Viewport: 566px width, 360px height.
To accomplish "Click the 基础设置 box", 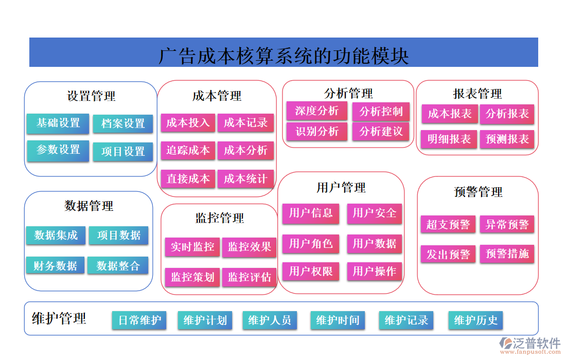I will (x=58, y=123).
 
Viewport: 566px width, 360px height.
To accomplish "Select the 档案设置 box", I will (x=123, y=124).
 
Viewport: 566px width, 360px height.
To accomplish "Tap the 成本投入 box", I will (x=188, y=123).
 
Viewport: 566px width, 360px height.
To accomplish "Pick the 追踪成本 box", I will (x=188, y=151).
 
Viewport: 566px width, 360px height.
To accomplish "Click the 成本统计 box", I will (x=245, y=179).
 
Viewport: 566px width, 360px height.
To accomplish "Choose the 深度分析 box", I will (x=316, y=111).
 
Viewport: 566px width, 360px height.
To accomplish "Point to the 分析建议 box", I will (x=381, y=132).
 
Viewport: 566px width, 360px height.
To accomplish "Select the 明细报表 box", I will (x=449, y=139).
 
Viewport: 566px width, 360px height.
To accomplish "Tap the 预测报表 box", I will (x=507, y=139).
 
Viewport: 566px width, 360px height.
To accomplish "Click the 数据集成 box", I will (x=56, y=236).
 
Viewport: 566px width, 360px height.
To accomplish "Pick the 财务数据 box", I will (x=55, y=266).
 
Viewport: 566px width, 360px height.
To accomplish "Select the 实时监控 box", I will (x=192, y=247).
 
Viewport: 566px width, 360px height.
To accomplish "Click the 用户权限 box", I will (x=311, y=272).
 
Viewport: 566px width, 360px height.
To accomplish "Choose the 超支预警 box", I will (x=448, y=225).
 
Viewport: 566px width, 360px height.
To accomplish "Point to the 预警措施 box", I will (x=507, y=254).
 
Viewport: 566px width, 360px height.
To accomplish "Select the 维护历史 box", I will (x=475, y=320).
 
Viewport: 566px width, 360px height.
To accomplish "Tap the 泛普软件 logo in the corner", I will (x=530, y=345).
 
